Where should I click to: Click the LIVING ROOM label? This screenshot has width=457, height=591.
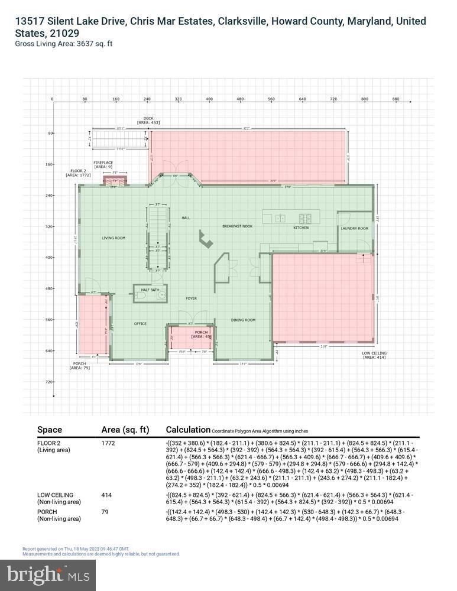(114, 238)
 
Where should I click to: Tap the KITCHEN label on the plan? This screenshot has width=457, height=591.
(301, 228)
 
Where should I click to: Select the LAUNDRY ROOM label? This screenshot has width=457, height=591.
(355, 228)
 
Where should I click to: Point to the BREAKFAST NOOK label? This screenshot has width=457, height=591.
(237, 226)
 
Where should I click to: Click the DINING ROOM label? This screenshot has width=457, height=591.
(243, 320)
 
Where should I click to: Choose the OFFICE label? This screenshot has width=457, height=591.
(140, 323)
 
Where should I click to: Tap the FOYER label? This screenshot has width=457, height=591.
(191, 298)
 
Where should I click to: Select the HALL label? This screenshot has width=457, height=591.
(186, 217)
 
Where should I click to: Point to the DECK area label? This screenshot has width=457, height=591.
(148, 121)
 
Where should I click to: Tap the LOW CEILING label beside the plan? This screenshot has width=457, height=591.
(374, 355)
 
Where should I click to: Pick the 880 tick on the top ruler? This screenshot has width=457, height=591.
(396, 99)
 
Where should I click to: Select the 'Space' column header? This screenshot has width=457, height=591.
(50, 430)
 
